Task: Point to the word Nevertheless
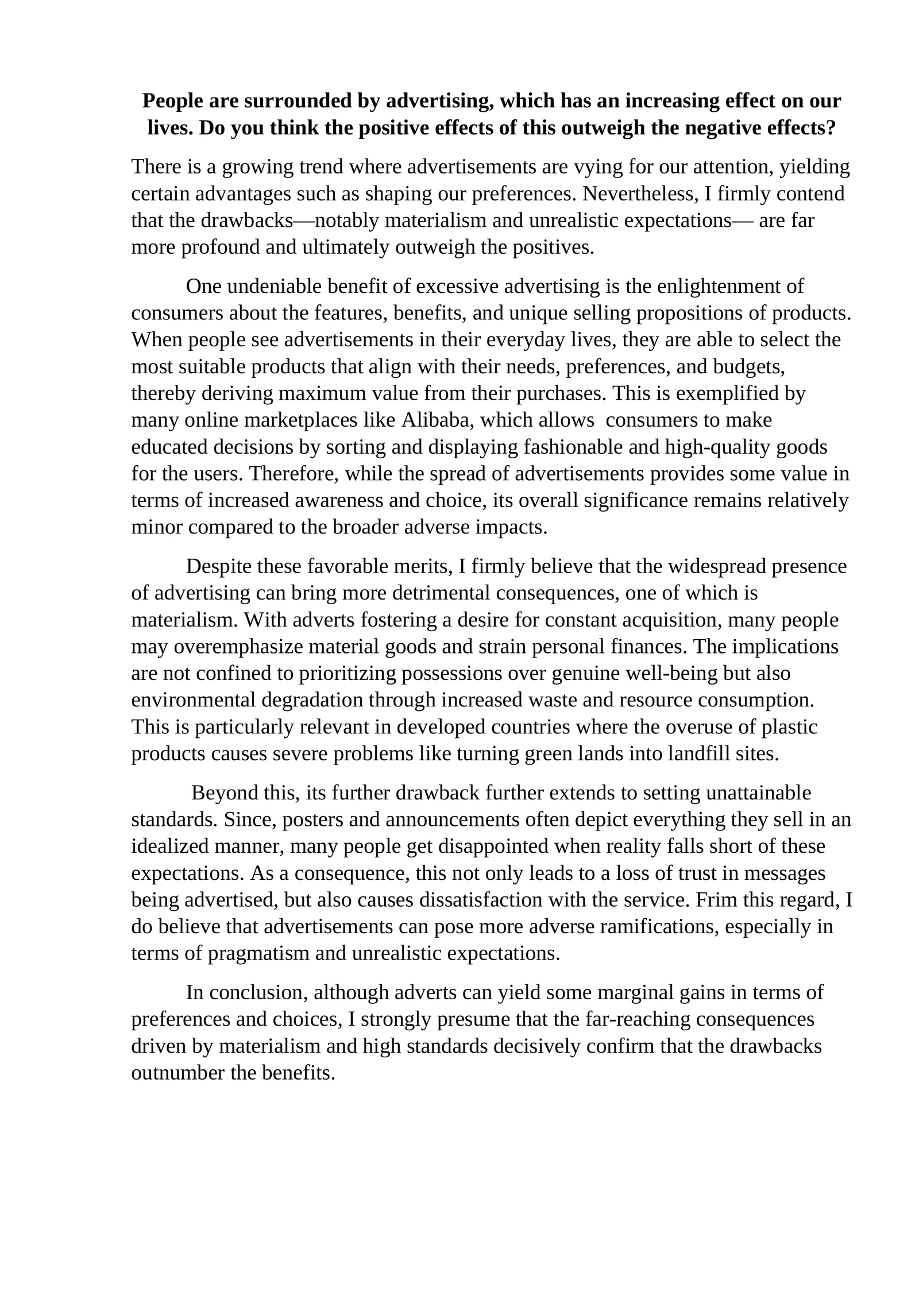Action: pos(638,194)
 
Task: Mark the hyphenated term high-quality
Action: pos(718,447)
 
